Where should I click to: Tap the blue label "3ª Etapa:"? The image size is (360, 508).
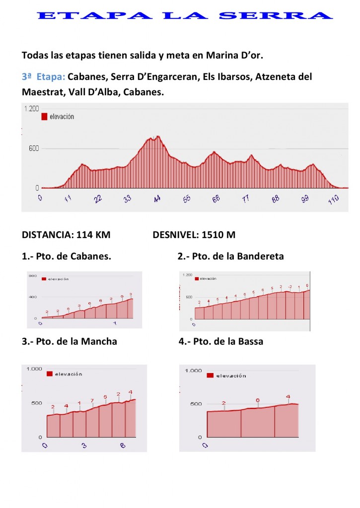[x=44, y=77]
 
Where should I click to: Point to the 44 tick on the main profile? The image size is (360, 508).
[x=157, y=198]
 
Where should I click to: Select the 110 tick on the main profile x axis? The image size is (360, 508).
[x=333, y=199]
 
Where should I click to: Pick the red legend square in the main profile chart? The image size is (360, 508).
[x=44, y=117]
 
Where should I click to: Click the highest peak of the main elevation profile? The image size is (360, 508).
[x=158, y=136]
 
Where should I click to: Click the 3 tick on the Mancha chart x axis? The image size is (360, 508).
[x=84, y=445]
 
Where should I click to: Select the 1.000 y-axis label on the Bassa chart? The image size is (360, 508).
[x=194, y=371]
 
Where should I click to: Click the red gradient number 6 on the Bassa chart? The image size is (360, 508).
[x=258, y=400]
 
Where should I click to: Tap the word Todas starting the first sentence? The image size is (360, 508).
[x=35, y=55]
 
